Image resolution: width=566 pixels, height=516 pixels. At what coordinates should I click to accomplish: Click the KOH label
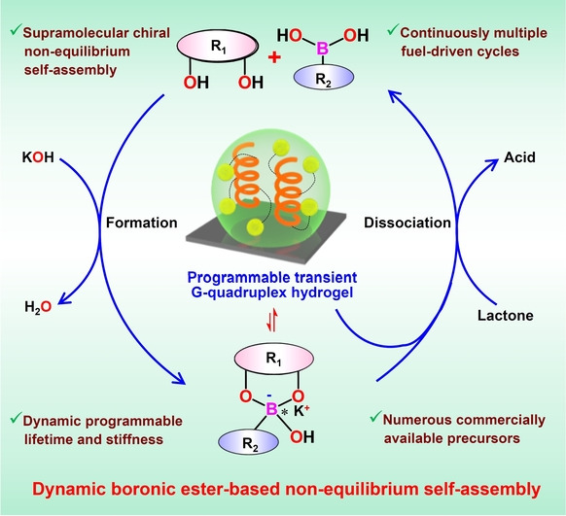pyautogui.click(x=38, y=157)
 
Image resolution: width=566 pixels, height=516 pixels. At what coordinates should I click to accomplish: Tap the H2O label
pyautogui.click(x=38, y=307)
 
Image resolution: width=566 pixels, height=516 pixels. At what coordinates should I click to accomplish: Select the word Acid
pyautogui.click(x=519, y=157)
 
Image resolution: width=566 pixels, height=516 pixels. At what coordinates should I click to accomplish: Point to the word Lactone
pyautogui.click(x=506, y=316)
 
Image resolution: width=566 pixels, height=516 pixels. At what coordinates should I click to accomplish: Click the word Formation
pyautogui.click(x=142, y=223)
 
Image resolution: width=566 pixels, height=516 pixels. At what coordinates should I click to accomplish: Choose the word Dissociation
pyautogui.click(x=407, y=223)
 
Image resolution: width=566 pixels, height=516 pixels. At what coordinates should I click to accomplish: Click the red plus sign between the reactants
pyautogui.click(x=274, y=57)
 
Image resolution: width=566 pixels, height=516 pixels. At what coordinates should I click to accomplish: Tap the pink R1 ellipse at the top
pyautogui.click(x=218, y=46)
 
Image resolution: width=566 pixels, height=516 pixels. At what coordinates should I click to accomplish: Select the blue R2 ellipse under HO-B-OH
pyautogui.click(x=324, y=77)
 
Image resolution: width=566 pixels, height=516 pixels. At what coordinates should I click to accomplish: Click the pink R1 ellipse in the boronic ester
pyautogui.click(x=274, y=359)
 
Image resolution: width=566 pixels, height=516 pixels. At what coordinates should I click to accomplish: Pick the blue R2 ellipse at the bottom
pyautogui.click(x=248, y=442)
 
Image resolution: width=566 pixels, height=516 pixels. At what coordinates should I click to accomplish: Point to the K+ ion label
pyautogui.click(x=301, y=410)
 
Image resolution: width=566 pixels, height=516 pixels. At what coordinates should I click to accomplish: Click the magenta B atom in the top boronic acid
pyautogui.click(x=322, y=49)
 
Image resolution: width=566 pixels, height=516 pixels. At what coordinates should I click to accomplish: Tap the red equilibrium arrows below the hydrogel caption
pyautogui.click(x=272, y=320)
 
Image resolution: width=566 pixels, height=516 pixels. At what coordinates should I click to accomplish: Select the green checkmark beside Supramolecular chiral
pyautogui.click(x=15, y=30)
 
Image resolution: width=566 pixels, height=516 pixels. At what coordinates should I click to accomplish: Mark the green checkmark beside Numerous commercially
pyautogui.click(x=375, y=417)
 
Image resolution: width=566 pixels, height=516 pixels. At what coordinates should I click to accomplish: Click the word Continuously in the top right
pyautogui.click(x=444, y=33)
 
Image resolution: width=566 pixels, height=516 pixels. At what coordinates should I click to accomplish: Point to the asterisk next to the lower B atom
pyautogui.click(x=284, y=412)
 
